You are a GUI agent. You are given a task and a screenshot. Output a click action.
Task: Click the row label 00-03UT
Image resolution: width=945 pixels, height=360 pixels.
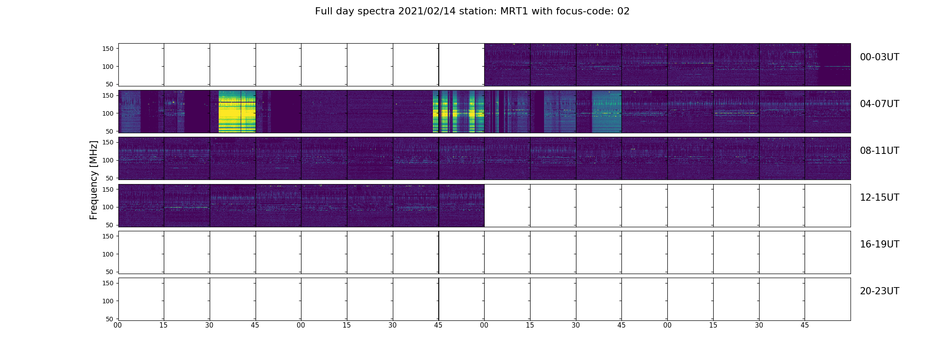point(879,57)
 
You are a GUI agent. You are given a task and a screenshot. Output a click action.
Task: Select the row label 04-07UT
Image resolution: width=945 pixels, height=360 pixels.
point(879,104)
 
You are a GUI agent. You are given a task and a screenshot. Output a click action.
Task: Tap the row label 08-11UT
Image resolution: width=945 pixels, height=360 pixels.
point(879,151)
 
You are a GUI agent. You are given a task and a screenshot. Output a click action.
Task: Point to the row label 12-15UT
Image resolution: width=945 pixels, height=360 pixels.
point(879,198)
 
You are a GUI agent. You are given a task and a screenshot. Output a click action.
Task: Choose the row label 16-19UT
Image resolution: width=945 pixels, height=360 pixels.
point(879,244)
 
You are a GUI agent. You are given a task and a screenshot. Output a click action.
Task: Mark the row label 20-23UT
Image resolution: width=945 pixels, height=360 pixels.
point(879,291)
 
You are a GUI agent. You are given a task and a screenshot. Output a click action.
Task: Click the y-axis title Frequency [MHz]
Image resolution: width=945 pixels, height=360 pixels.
point(94,180)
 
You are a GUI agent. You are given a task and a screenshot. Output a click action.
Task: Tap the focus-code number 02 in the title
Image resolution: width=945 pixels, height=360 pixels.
point(623,11)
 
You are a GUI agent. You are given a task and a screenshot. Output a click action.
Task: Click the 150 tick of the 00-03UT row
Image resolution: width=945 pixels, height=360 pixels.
point(108,49)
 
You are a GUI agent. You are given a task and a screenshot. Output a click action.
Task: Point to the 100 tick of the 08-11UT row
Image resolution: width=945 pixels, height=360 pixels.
point(108,160)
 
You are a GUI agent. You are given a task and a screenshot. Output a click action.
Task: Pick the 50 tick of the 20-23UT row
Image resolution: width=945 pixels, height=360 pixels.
point(109,319)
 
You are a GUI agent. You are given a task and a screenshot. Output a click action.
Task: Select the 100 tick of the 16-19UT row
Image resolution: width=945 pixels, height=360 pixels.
point(108,254)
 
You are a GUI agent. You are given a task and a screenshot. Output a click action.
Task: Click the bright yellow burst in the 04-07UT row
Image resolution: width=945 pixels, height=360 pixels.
point(237,112)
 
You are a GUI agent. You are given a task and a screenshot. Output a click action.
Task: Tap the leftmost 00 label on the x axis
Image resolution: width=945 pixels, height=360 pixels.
point(118,325)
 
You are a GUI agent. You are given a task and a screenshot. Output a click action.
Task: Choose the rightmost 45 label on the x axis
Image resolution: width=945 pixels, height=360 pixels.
point(805,325)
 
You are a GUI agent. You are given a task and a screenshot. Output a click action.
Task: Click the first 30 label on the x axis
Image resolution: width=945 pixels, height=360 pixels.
point(209,325)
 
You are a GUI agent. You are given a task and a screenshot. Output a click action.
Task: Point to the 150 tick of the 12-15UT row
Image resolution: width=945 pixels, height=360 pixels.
point(108,189)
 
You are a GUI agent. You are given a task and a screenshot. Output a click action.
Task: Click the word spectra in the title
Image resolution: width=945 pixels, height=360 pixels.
point(376,12)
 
